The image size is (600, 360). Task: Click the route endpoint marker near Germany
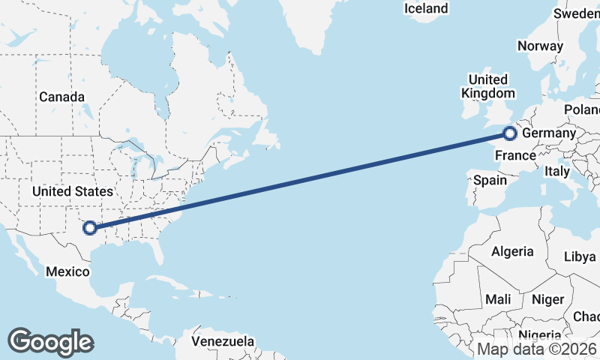tap(510, 133)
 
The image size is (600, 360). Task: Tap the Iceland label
tap(426, 9)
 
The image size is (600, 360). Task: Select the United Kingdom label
tap(488, 86)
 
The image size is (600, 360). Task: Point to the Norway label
tap(540, 46)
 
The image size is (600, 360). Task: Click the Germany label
tap(548, 133)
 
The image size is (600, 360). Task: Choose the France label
tap(516, 156)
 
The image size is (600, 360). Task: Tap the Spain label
tap(490, 180)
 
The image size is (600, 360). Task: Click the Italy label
tap(557, 171)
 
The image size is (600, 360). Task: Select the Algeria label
tap(512, 251)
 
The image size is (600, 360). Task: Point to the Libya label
tap(580, 256)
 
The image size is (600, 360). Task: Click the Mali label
tap(498, 299)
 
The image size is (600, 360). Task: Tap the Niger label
tap(547, 299)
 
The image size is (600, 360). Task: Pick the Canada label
tap(61, 97)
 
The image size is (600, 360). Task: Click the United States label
tap(73, 192)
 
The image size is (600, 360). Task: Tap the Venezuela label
tap(222, 342)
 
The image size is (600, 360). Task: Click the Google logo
tap(50, 342)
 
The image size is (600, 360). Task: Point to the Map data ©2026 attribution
tap(537, 349)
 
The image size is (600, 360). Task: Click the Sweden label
tap(577, 13)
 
